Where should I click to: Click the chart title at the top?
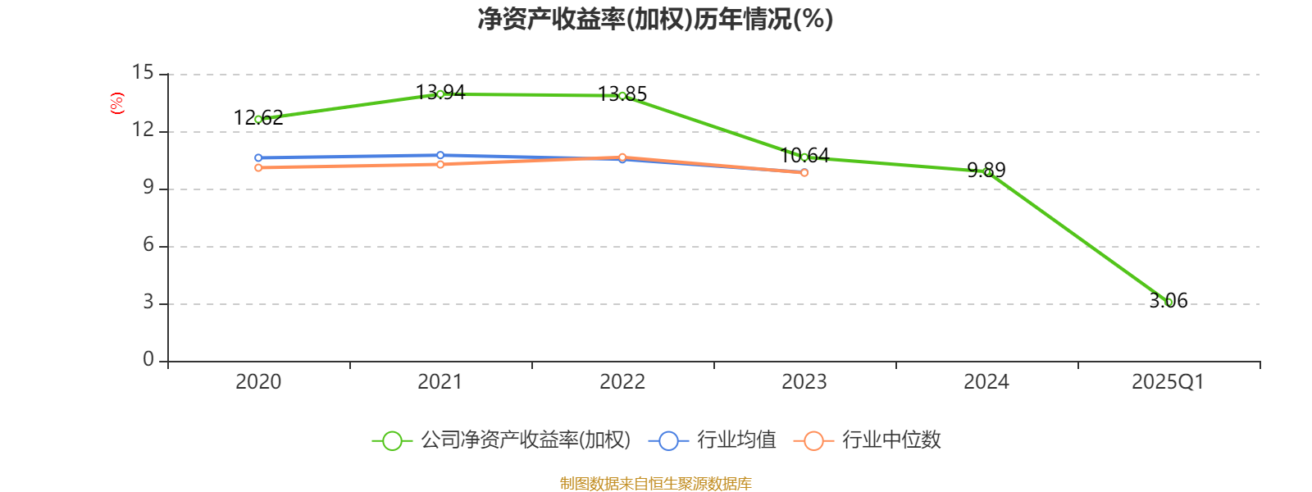(655, 19)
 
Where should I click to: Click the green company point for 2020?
(258, 120)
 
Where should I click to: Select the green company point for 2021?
(440, 94)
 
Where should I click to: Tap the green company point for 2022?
(622, 96)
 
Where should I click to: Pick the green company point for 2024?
(987, 172)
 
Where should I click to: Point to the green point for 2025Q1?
(1169, 303)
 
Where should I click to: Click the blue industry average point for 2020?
(258, 157)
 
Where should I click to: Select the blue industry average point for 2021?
(440, 155)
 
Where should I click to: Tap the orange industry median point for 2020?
(258, 168)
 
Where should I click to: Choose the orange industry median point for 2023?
(804, 173)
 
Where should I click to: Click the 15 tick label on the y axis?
(143, 73)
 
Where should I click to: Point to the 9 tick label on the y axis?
(148, 188)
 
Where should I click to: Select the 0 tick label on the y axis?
(148, 359)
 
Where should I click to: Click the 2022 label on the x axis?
(622, 382)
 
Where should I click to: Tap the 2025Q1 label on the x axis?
(1168, 382)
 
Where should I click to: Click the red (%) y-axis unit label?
(117, 103)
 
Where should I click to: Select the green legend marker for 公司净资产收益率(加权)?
(393, 441)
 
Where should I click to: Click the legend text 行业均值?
(736, 440)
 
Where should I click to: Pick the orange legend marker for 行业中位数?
(813, 441)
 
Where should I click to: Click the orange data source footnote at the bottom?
(655, 484)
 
